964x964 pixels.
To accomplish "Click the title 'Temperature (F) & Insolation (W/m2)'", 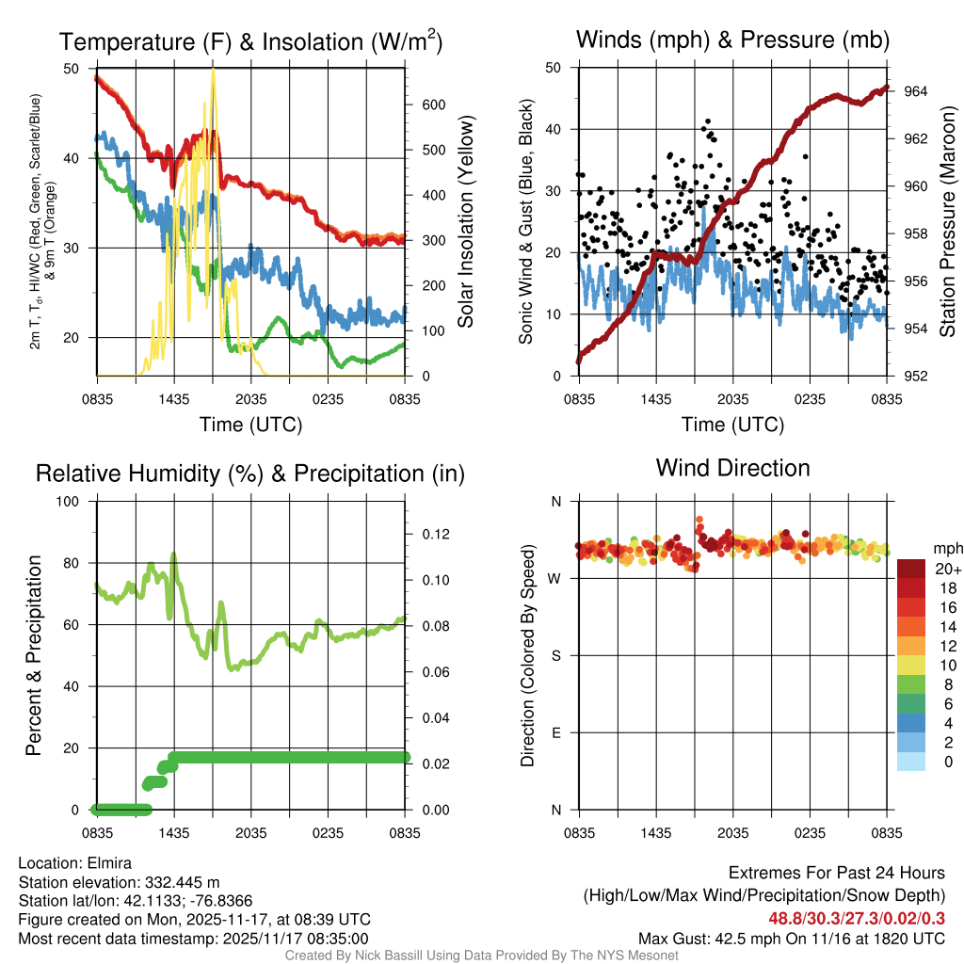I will [250, 41].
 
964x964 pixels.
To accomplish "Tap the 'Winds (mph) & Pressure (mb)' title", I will [732, 40].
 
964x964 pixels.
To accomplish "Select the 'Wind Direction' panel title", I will [732, 468].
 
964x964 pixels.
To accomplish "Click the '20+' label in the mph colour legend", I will [947, 569].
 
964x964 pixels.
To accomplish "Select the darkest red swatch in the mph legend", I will [911, 569].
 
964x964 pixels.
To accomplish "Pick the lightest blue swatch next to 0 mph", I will [911, 763].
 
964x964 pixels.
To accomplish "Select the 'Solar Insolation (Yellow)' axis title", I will [465, 222].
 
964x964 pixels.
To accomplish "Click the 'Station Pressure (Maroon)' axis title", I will [948, 222].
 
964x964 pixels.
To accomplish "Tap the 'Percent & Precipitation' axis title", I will [34, 655].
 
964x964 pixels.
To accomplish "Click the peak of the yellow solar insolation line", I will [214, 70].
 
